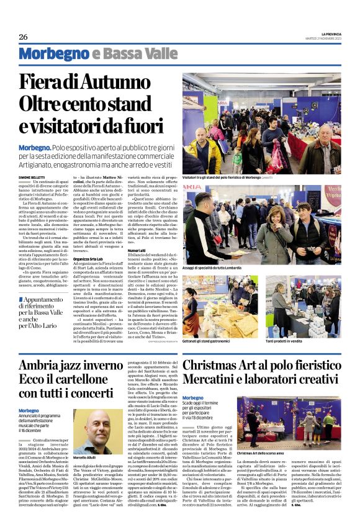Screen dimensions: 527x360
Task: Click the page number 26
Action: click(x=24, y=37)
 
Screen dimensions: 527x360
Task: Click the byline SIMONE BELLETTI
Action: click(x=32, y=177)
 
